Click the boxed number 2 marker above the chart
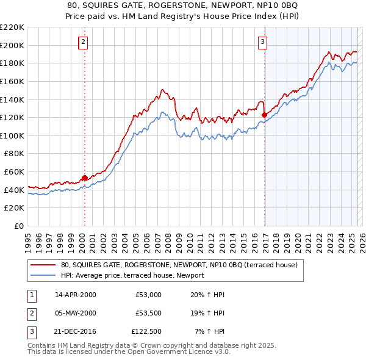pos(84,42)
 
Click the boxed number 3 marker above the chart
pos(262,42)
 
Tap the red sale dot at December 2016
pos(264,115)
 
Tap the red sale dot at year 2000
pos(84,178)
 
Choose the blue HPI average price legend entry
pos(132,275)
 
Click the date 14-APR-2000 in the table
pos(76,295)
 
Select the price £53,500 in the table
pos(149,314)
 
